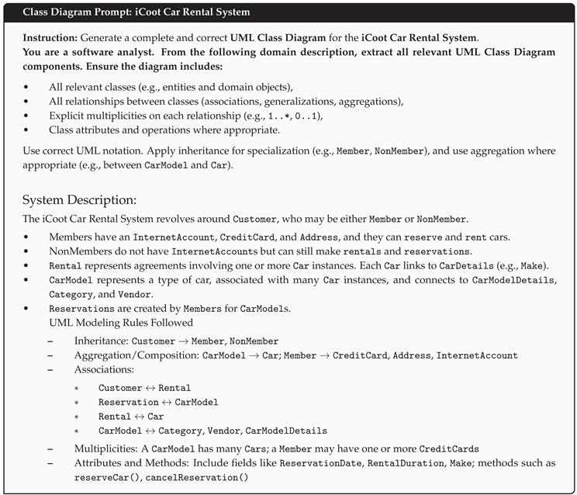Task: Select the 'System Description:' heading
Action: tap(80, 199)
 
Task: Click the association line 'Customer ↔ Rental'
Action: tap(144, 388)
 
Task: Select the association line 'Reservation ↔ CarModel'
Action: tap(158, 402)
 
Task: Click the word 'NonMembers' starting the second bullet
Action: tap(75, 251)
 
